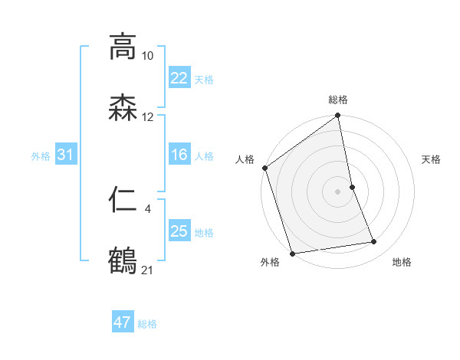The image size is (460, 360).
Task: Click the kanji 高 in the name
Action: tap(123, 47)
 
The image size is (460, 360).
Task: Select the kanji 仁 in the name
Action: tap(123, 200)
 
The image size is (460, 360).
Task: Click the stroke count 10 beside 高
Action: tap(148, 56)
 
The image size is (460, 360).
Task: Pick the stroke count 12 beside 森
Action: tap(148, 117)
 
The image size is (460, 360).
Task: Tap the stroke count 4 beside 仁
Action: tap(148, 208)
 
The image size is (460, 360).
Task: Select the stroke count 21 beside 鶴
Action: tap(148, 270)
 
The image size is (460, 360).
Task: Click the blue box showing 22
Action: tap(179, 77)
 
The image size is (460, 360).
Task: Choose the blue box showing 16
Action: tap(179, 155)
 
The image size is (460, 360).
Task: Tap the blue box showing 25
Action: tap(179, 231)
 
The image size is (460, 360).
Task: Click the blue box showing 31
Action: tap(65, 155)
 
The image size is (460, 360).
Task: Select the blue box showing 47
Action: tap(123, 322)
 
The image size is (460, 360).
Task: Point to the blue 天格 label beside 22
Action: tap(204, 79)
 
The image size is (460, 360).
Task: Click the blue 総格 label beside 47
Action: tap(148, 324)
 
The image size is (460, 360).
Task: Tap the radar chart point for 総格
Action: tap(337, 116)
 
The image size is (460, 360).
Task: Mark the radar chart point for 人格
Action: tap(265, 168)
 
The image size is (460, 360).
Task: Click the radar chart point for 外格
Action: tap(292, 253)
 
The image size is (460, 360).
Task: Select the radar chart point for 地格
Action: tap(374, 242)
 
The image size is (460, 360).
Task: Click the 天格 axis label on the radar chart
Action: tap(431, 159)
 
